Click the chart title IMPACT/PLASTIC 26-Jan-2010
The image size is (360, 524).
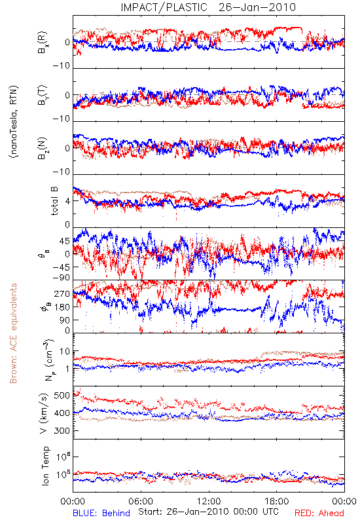coord(208,7)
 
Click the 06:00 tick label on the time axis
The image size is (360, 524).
coord(141,501)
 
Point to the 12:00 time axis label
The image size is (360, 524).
coord(209,501)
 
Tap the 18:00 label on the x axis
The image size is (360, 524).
coord(277,501)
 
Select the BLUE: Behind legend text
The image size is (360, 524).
coord(101,513)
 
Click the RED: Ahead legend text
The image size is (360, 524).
coord(319,513)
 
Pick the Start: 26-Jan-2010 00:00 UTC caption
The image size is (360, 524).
coord(208,512)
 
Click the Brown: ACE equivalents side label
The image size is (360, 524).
coord(13,333)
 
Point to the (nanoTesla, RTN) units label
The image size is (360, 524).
coord(14,121)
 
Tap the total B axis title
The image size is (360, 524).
coord(54,201)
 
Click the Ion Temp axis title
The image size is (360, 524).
coord(45,466)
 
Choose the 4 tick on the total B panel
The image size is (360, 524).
coord(68,201)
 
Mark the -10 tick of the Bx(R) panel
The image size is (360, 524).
coord(62,65)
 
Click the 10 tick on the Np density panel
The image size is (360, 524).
coord(65,352)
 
